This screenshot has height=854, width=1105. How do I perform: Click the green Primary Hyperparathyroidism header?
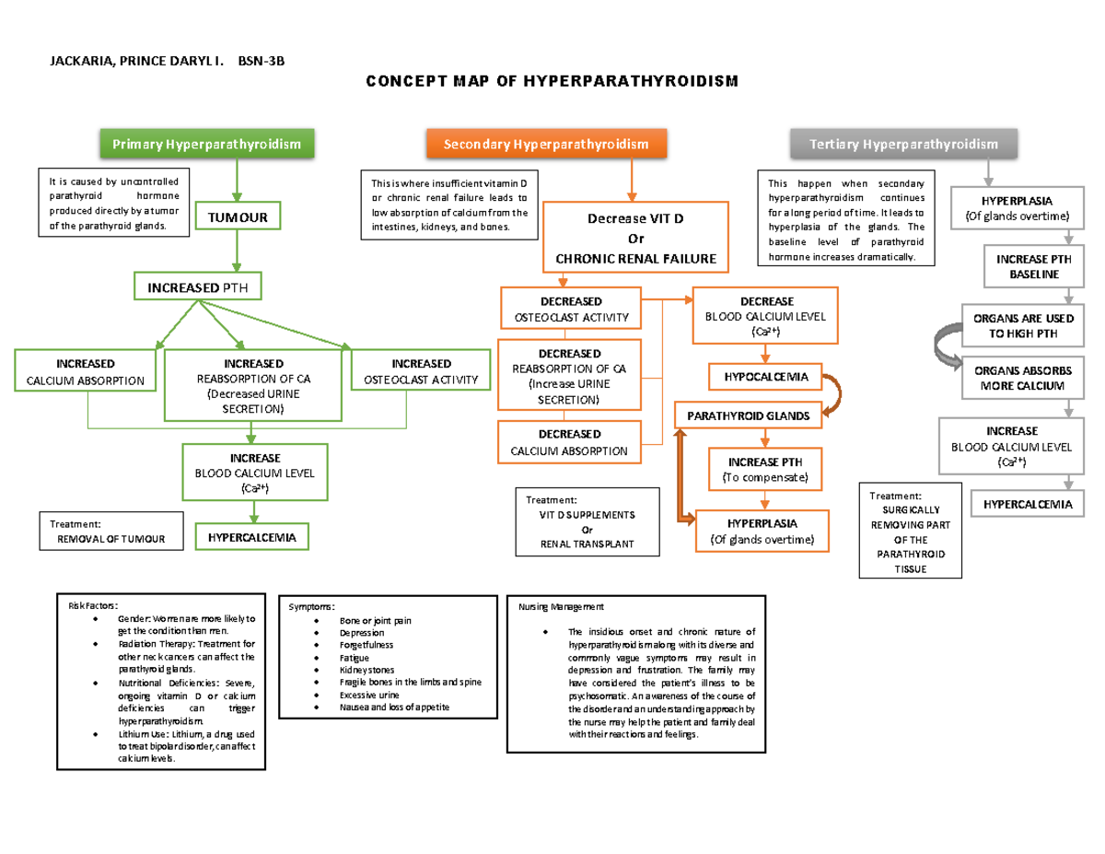(x=207, y=145)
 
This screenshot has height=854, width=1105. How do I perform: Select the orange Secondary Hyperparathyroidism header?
(x=546, y=145)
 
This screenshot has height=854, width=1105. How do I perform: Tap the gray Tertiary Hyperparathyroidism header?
(x=902, y=145)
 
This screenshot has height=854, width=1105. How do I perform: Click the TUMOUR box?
(x=237, y=217)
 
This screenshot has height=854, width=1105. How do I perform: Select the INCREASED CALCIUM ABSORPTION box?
(x=85, y=371)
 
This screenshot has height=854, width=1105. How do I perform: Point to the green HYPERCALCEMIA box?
(x=251, y=536)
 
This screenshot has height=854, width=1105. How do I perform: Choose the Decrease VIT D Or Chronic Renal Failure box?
(x=635, y=238)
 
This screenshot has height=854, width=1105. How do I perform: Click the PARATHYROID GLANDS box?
(x=748, y=416)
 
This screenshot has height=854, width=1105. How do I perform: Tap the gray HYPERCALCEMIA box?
(x=1026, y=504)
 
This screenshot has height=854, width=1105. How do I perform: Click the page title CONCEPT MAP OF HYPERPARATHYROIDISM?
(x=552, y=83)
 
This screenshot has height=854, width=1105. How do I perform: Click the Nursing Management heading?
(x=562, y=607)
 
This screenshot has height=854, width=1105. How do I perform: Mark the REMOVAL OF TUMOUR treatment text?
(x=110, y=539)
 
